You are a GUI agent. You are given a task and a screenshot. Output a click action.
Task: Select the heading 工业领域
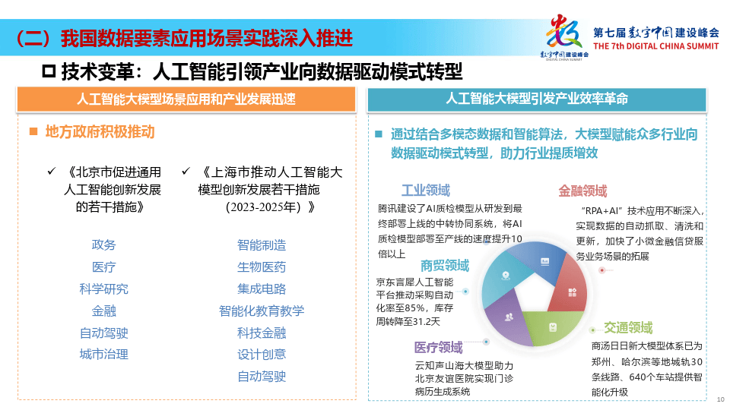tap(426, 190)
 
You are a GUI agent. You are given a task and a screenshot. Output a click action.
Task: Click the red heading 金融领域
tap(582, 191)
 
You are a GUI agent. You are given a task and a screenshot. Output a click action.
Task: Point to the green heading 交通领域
tap(628, 328)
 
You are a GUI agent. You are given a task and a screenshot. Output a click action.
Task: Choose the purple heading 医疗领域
tap(438, 348)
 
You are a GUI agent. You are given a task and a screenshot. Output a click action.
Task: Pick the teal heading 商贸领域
tap(445, 266)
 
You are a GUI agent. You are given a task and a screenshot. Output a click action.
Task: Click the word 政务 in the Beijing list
tap(103, 244)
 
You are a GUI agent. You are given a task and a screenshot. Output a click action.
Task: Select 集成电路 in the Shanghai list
tap(262, 289)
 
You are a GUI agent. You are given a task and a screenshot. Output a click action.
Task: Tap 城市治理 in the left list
tap(103, 354)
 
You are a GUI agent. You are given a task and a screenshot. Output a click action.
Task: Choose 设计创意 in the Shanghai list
tap(262, 354)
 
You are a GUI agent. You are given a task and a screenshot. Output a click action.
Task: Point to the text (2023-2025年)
tap(265, 207)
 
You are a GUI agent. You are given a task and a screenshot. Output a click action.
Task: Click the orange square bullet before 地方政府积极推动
tap(33, 131)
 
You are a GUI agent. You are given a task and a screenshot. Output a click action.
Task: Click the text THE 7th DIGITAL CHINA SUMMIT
tap(655, 46)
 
